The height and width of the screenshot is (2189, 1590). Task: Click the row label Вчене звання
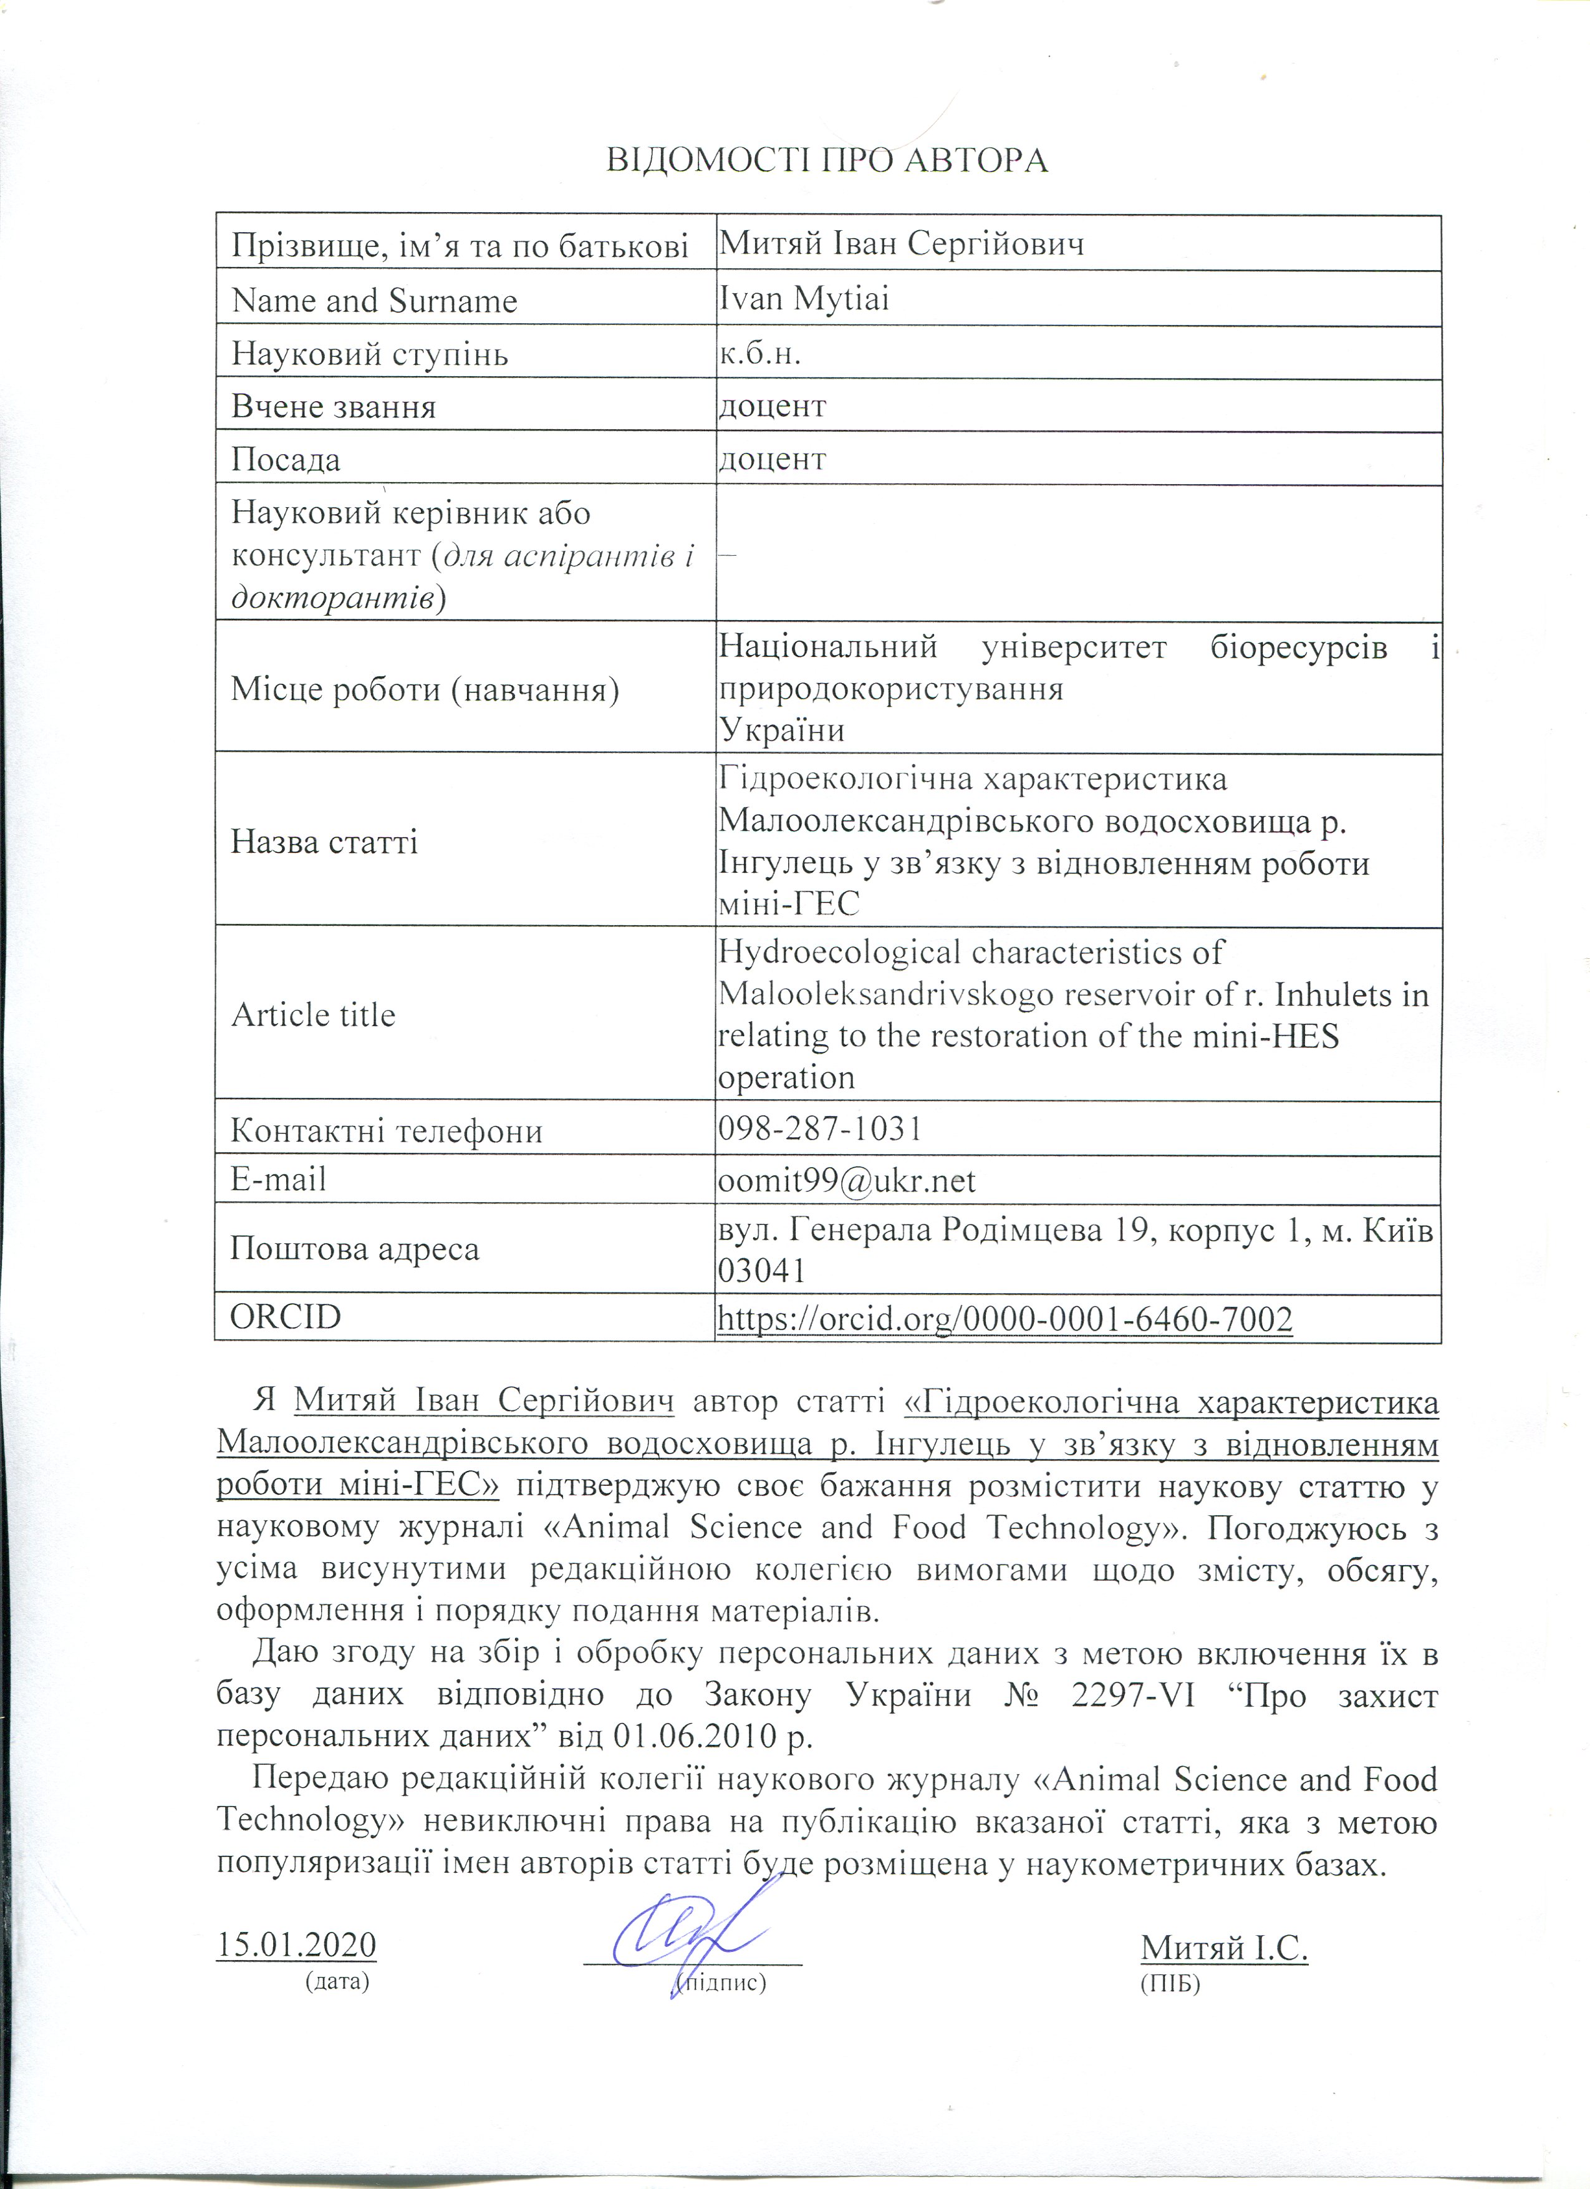(x=334, y=406)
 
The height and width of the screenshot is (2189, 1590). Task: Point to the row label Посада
(x=286, y=459)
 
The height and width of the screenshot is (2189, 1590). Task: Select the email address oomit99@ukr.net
(x=847, y=1180)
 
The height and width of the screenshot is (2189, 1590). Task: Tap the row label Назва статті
(x=324, y=842)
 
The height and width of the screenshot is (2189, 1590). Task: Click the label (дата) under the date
(x=337, y=1983)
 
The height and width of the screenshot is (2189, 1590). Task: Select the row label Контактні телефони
(x=386, y=1130)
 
